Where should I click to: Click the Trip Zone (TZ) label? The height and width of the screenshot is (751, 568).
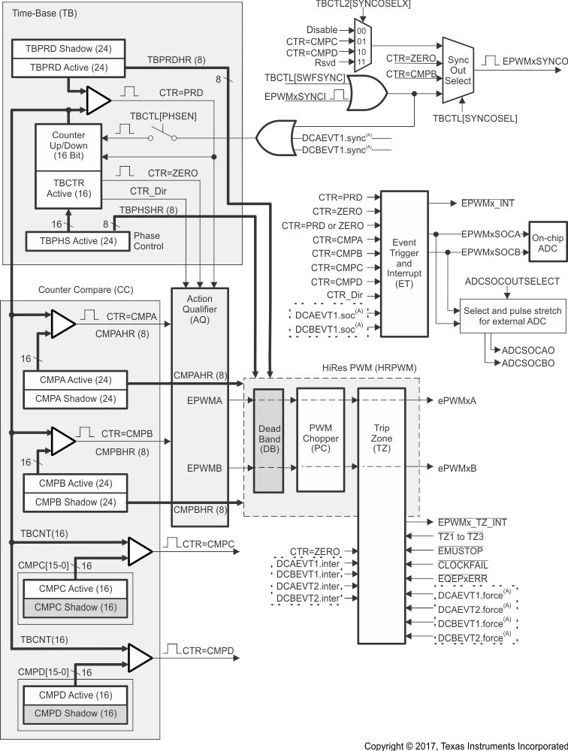(x=381, y=437)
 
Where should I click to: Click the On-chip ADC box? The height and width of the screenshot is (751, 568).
(x=548, y=243)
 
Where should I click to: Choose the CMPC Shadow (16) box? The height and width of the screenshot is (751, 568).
(x=74, y=607)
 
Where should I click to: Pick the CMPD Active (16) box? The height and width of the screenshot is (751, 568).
(x=74, y=695)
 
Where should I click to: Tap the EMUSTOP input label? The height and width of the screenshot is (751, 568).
(x=459, y=550)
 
